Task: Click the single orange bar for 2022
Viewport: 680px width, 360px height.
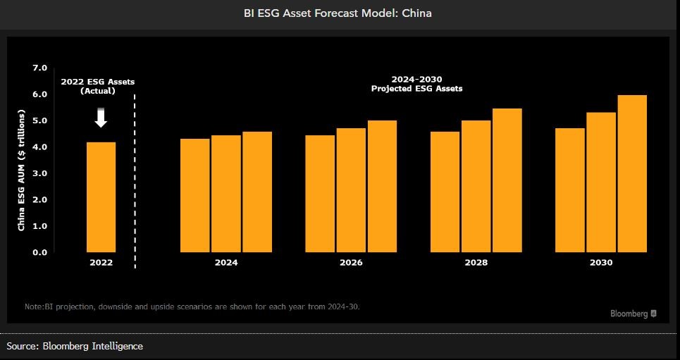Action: [101, 197]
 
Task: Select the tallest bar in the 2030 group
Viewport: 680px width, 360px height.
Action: [632, 173]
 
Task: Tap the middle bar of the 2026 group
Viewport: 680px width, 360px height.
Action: [351, 190]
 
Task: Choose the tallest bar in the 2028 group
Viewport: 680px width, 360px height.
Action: [507, 180]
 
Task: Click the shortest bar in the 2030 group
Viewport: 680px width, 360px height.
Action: [570, 190]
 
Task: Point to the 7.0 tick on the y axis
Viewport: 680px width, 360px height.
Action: [39, 68]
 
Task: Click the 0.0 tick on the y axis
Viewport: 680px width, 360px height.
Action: [39, 252]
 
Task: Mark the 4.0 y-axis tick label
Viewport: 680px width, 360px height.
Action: [39, 147]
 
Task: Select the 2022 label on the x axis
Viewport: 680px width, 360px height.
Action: [101, 263]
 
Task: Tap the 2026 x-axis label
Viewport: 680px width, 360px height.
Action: [351, 263]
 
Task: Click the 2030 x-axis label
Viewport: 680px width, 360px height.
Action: [601, 263]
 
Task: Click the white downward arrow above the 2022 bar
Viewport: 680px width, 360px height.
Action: [101, 118]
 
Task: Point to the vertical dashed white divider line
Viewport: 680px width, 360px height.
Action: [135, 176]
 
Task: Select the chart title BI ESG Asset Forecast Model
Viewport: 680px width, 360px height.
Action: [338, 13]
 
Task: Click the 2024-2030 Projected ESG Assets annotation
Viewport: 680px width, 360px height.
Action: [416, 84]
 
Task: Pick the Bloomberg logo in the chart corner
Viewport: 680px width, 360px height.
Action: [633, 314]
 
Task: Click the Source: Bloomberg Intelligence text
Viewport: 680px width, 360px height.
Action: [75, 346]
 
